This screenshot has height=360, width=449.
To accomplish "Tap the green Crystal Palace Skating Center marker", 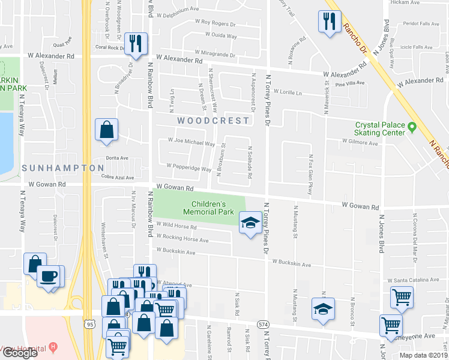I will pos(412,127).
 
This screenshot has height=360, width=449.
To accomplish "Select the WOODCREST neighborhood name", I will pos(213,121).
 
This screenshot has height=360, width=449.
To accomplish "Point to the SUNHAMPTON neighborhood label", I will pos(63,168).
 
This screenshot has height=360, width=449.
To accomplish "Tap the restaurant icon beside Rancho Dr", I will pos(328,22).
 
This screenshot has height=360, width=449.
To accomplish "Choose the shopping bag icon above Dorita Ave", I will pos(106,130).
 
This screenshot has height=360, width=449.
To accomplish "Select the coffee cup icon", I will pos(48,276).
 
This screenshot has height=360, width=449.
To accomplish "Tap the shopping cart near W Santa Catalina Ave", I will pos(401,296).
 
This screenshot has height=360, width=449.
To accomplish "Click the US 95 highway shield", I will pos(90,324).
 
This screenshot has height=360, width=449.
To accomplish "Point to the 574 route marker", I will pos(263,324).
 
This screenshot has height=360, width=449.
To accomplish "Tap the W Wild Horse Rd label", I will pos(176,226).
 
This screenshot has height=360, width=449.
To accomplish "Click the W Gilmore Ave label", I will pos(360,143).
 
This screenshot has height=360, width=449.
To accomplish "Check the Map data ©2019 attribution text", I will pos(423,355).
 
